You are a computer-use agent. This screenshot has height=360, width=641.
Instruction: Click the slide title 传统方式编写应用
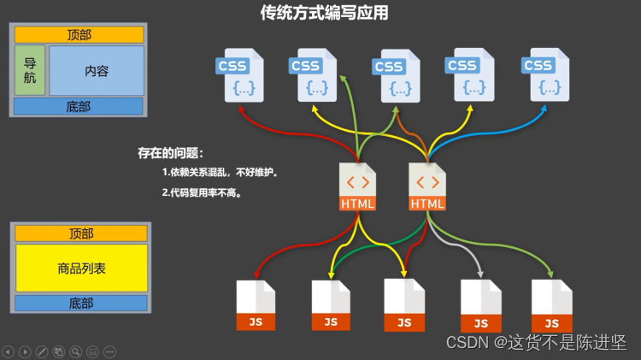click(x=324, y=13)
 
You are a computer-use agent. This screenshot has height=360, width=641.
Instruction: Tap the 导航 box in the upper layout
click(x=30, y=70)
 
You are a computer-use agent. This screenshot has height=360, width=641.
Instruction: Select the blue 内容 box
click(x=96, y=71)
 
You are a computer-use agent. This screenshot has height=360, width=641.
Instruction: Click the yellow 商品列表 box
click(x=81, y=268)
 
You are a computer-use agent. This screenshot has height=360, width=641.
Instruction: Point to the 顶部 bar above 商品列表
click(x=80, y=233)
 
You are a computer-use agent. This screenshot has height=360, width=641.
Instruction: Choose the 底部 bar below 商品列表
click(x=80, y=303)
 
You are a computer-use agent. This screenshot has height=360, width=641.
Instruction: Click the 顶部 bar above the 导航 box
click(x=79, y=34)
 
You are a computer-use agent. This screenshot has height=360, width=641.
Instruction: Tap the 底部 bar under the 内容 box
click(x=78, y=106)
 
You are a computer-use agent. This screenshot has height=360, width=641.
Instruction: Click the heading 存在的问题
click(x=170, y=153)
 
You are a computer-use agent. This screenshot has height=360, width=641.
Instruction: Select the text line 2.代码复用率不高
click(x=202, y=192)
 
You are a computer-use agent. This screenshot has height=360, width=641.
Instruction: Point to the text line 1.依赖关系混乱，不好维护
click(x=221, y=172)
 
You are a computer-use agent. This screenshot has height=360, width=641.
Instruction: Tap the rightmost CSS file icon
click(x=542, y=74)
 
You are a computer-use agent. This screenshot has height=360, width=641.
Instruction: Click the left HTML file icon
click(x=357, y=186)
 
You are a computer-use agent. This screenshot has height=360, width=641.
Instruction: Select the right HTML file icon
click(x=427, y=186)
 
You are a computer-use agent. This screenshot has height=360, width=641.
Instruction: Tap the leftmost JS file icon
click(x=256, y=304)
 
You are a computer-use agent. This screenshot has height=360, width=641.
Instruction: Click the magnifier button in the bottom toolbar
click(x=76, y=351)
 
